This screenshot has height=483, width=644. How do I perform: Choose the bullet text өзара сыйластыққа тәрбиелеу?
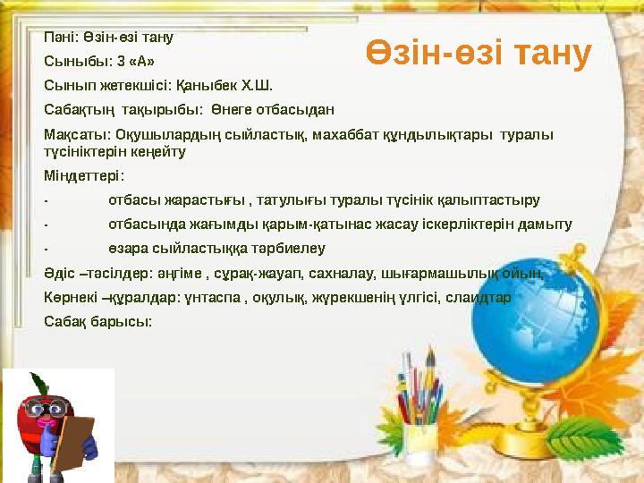(216, 248)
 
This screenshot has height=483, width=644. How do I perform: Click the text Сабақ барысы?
(98, 320)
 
